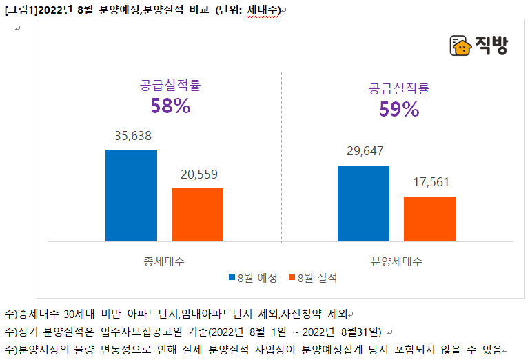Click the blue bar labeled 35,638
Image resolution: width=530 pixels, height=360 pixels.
(x=131, y=195)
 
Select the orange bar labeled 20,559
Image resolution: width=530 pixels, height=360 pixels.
(x=197, y=214)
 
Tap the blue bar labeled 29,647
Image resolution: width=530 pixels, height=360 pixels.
(x=363, y=203)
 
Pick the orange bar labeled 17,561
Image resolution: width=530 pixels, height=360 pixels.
(x=429, y=219)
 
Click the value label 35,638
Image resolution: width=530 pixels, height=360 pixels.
(x=132, y=136)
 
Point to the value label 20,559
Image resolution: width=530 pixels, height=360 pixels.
(x=198, y=174)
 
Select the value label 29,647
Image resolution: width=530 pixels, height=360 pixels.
(x=364, y=152)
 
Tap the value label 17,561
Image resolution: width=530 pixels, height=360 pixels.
(x=430, y=183)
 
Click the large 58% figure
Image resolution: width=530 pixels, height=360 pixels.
(x=170, y=106)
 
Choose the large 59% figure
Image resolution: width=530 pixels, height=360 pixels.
(x=399, y=109)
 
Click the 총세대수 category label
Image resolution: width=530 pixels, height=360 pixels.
(x=164, y=261)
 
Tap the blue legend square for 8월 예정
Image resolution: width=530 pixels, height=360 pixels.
(x=232, y=278)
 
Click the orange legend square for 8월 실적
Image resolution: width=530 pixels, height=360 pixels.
(x=291, y=278)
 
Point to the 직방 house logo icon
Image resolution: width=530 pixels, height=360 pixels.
(x=460, y=46)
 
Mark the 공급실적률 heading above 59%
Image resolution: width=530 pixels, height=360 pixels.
(x=399, y=88)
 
